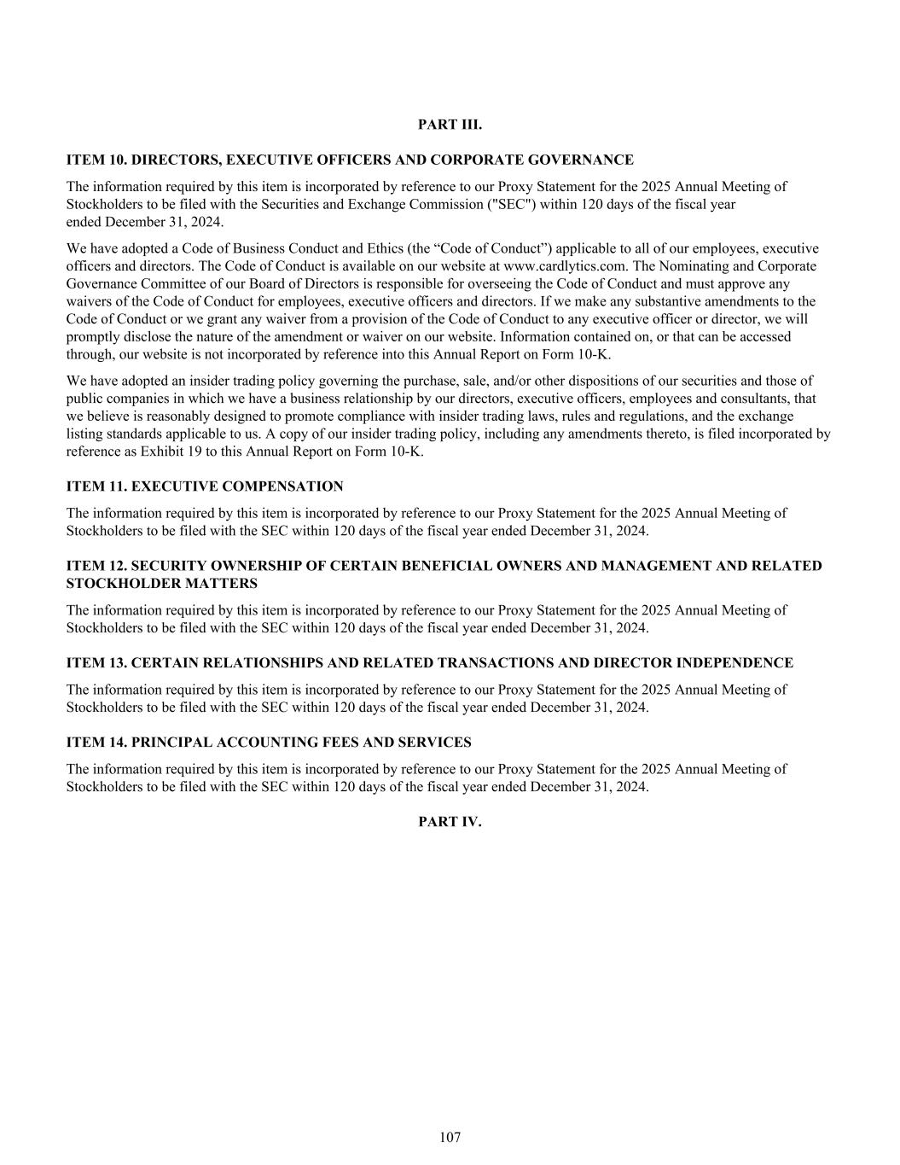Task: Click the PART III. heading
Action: click(450, 125)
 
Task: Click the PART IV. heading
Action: click(450, 822)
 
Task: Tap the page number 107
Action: click(450, 1137)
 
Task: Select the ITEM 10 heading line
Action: click(350, 160)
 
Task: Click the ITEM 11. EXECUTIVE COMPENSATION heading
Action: click(205, 486)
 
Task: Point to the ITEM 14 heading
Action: click(269, 743)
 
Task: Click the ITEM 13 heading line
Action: click(430, 663)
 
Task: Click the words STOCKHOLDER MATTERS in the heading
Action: click(161, 584)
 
